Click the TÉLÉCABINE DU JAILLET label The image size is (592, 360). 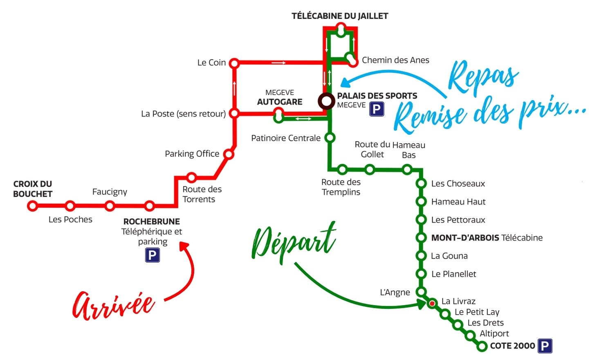340,16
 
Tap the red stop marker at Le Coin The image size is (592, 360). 234,63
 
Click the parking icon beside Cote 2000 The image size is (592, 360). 545,346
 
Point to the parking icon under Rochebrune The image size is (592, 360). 152,256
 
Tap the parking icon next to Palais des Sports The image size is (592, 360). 377,109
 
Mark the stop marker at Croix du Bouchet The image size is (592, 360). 32,206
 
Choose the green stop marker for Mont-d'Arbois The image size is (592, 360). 421,238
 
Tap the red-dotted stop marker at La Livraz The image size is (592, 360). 432,304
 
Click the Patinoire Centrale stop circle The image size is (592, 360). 330,138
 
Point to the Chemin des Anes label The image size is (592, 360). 395,60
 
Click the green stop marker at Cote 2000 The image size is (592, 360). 482,346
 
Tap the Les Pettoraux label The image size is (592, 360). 458,220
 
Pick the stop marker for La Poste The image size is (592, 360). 234,113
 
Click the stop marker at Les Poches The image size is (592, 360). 70,206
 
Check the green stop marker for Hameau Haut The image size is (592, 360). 421,201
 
